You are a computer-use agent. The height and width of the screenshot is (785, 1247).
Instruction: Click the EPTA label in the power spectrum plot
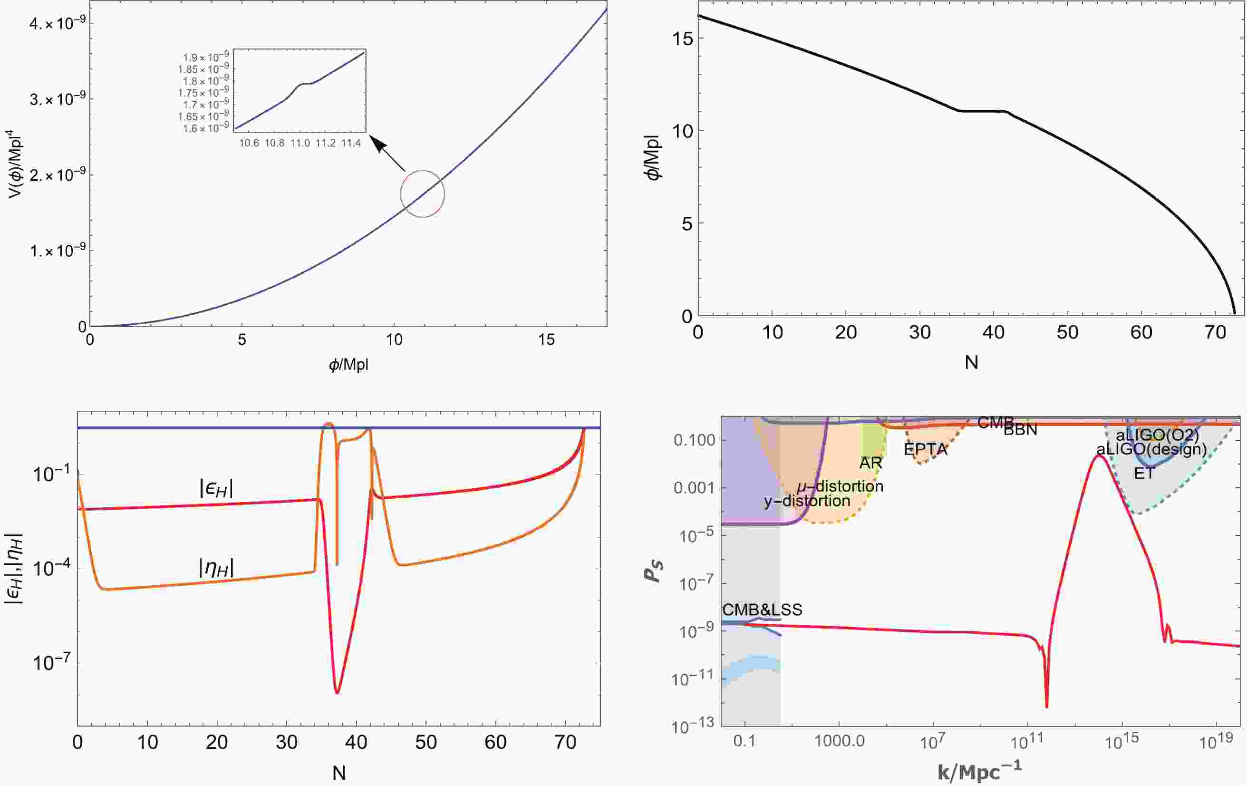point(926,449)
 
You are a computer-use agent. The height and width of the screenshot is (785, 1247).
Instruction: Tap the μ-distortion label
point(840,486)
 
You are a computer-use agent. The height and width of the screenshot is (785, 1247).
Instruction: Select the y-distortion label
point(807,501)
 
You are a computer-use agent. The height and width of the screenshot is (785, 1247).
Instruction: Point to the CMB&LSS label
point(762,610)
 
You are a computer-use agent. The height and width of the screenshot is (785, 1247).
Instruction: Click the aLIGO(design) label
point(1151,448)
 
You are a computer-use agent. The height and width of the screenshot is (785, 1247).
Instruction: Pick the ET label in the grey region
point(1143,473)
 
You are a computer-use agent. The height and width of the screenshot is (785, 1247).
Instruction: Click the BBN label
point(1020,430)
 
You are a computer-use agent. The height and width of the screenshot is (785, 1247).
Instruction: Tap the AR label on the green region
point(870,463)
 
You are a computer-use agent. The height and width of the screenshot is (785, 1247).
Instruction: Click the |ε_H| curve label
point(216,488)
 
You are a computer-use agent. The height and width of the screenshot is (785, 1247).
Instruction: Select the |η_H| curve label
point(216,568)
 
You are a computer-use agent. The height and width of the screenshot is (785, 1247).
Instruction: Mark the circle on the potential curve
point(423,194)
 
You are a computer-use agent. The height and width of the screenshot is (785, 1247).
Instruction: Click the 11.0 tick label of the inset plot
point(300,143)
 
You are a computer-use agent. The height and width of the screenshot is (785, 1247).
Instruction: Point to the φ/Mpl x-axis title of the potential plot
point(348,365)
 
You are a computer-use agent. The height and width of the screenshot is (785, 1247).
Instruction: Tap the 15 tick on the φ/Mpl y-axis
point(682,39)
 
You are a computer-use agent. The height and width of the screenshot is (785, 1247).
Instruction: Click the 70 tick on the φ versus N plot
point(1214,332)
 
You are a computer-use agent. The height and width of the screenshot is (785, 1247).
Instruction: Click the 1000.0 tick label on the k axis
point(839,741)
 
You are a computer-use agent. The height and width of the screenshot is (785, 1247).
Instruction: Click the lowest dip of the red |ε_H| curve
point(337,692)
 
